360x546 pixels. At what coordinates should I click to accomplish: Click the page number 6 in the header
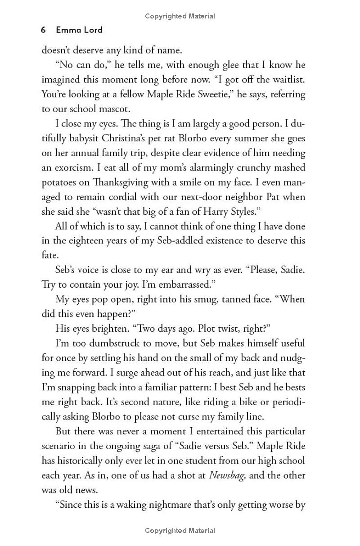point(43,30)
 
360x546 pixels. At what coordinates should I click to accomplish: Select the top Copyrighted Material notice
point(180,16)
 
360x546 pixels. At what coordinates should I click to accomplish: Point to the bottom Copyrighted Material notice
point(180,530)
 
